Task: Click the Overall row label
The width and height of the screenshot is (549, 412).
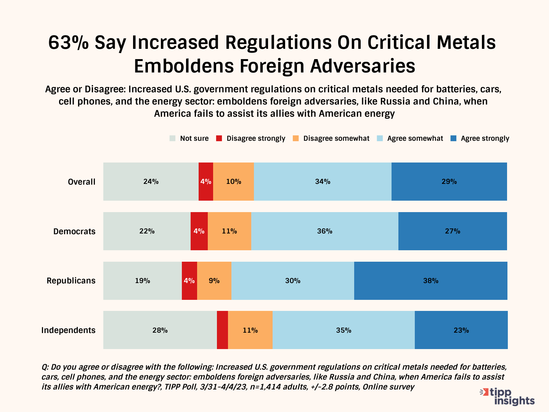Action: point(82,182)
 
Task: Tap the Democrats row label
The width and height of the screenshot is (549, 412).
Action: point(74,232)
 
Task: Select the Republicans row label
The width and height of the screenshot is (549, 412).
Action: point(71,281)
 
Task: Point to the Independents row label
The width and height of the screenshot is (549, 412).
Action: point(68,330)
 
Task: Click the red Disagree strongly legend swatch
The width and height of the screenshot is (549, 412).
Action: point(219,138)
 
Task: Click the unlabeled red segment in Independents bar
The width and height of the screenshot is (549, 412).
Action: point(222,330)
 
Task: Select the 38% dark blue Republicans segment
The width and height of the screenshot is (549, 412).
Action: point(430,281)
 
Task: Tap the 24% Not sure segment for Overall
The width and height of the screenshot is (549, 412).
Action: point(151,182)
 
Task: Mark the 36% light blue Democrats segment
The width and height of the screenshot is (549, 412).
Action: point(325,231)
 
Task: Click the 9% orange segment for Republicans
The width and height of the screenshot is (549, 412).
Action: point(214,281)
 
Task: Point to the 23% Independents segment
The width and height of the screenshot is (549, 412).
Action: point(461,330)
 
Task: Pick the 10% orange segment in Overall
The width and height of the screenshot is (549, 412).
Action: point(233,182)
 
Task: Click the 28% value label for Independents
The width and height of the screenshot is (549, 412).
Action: point(160,330)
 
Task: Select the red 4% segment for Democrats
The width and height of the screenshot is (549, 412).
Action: point(199,231)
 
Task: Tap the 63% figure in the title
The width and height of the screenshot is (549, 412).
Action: point(68,42)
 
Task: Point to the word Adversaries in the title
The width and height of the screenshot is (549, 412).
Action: point(363,66)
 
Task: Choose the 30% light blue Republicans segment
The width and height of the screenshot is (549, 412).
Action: point(293,281)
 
